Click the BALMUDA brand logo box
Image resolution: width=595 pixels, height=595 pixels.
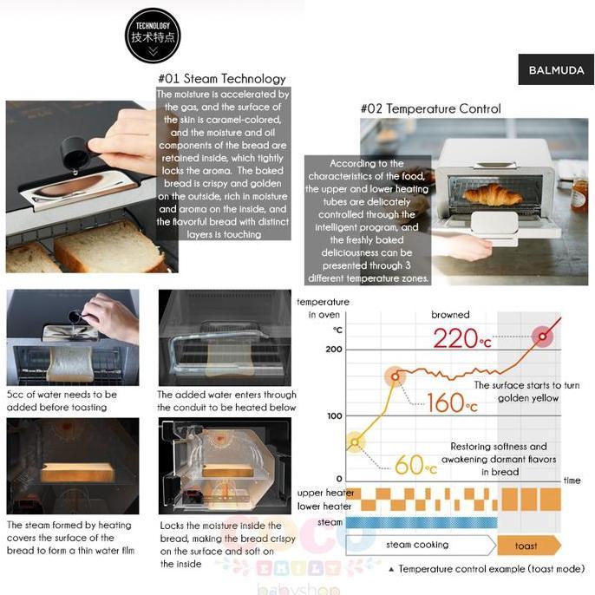point(556,69)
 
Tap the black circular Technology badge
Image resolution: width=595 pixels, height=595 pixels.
point(153,36)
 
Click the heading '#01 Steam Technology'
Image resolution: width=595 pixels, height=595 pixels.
point(222,79)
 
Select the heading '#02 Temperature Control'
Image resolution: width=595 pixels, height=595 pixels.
point(430,109)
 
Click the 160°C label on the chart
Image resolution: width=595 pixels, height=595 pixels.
point(448,402)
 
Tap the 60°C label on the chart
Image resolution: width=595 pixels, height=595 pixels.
point(415,466)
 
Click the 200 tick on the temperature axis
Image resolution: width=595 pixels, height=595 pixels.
point(334,349)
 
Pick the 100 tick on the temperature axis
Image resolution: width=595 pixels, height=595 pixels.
point(334,415)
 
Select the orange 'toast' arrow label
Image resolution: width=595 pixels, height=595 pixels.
point(527,546)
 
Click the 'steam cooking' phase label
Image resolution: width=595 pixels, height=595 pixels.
point(418,545)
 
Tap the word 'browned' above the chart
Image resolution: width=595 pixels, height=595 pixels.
point(450,315)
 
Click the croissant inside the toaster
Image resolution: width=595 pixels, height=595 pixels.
point(494,195)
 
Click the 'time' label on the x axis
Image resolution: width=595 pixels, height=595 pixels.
point(572,481)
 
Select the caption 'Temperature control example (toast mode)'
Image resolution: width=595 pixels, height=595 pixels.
point(492,569)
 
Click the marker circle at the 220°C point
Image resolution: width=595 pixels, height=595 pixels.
point(543,336)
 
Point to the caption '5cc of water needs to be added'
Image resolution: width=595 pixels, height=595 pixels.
point(56,400)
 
